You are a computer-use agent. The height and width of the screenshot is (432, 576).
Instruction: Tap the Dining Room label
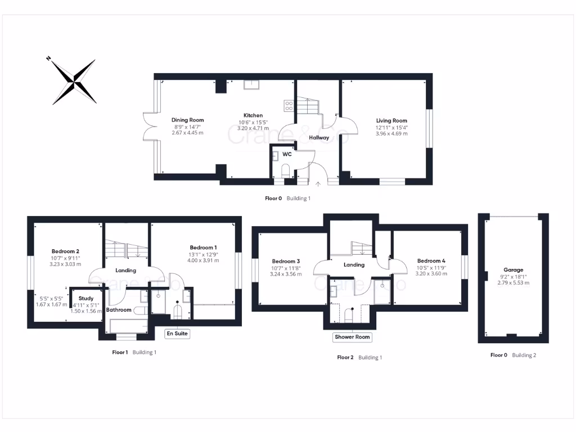pyautogui.click(x=187, y=120)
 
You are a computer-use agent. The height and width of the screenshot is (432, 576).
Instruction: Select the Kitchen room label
pyautogui.click(x=253, y=115)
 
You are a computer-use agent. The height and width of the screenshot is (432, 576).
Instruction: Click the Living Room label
pyautogui.click(x=391, y=120)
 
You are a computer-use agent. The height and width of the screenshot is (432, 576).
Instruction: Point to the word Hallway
pyautogui.click(x=318, y=137)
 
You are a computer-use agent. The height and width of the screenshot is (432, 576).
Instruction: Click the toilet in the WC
pyautogui.click(x=285, y=170)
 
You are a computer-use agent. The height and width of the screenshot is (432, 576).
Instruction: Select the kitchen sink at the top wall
pyautogui.click(x=251, y=84)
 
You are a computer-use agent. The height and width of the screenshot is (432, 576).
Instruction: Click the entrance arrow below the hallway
pyautogui.click(x=318, y=183)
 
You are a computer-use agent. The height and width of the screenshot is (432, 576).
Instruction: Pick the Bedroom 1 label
pyautogui.click(x=203, y=247)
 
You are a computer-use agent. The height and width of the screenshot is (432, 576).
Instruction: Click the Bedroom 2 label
pyautogui.click(x=65, y=251)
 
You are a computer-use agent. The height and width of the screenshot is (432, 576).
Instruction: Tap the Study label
pyautogui.click(x=86, y=298)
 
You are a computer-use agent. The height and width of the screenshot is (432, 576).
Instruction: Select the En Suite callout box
pyautogui.click(x=177, y=334)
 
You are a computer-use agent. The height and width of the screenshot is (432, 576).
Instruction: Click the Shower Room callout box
pyautogui.click(x=352, y=337)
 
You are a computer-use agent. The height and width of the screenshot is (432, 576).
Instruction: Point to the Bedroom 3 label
pyautogui.click(x=286, y=261)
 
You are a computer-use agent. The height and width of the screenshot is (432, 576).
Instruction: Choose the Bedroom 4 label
pyautogui.click(x=431, y=261)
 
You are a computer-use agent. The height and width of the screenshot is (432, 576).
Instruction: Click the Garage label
pyautogui.click(x=513, y=270)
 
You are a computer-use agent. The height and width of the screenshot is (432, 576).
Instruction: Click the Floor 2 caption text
pyautogui.click(x=345, y=357)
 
